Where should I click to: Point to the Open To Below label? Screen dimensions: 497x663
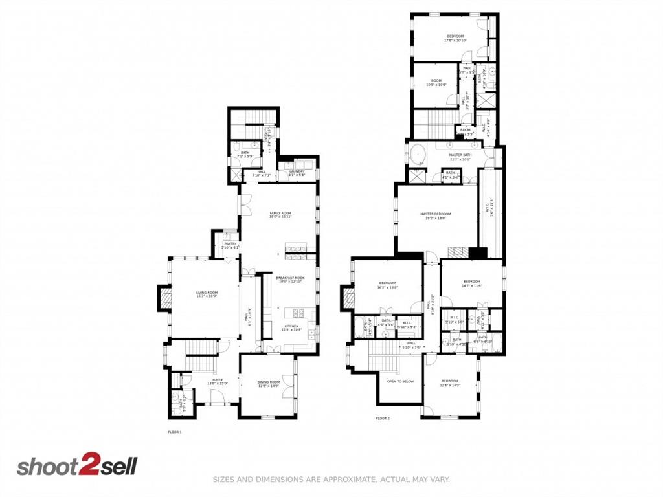click(400, 381)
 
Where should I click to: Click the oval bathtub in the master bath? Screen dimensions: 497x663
click(418, 156)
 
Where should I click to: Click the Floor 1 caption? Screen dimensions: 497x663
click(175, 432)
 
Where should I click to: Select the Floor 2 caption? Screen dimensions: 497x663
click(383, 419)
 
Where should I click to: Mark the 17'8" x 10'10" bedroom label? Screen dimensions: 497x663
click(455, 38)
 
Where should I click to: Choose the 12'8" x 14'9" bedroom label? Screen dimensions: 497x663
click(449, 382)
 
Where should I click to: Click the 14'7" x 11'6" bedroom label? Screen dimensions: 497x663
click(471, 283)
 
